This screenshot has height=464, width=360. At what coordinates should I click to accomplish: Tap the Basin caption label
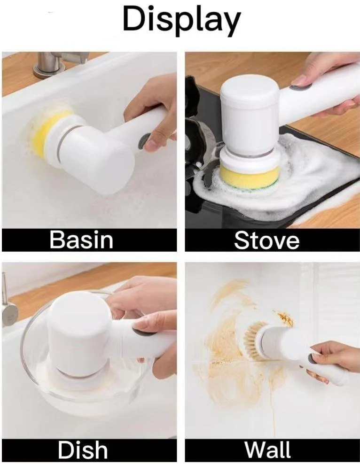point(81,240)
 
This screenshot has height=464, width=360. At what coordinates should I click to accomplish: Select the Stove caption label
point(266,240)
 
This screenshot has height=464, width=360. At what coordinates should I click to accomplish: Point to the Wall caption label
point(267,450)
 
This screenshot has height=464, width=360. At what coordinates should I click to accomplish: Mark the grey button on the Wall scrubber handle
point(312,359)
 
